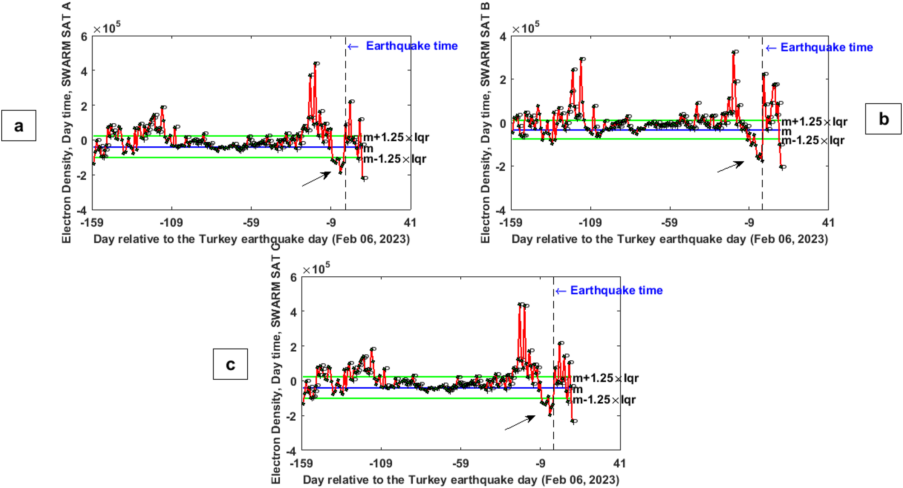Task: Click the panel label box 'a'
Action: point(19,125)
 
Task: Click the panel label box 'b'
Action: point(883,119)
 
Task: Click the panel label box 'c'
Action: point(230,364)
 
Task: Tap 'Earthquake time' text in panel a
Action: point(412,46)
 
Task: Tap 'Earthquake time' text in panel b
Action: point(826,47)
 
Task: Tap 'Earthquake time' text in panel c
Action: point(616,290)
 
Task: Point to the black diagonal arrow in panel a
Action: point(316,179)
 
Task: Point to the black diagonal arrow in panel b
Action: point(731,167)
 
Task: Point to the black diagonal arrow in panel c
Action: point(520,423)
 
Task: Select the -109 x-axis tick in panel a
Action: point(171,223)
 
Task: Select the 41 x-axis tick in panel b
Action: point(828,223)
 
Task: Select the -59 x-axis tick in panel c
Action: point(460,464)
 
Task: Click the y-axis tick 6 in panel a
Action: point(84,37)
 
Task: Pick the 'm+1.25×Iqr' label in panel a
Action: point(396,137)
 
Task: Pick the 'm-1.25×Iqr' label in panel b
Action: point(813,140)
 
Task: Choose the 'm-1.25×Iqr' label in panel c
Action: point(604,400)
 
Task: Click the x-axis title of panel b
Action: point(670,239)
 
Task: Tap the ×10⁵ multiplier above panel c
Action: point(316,269)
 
